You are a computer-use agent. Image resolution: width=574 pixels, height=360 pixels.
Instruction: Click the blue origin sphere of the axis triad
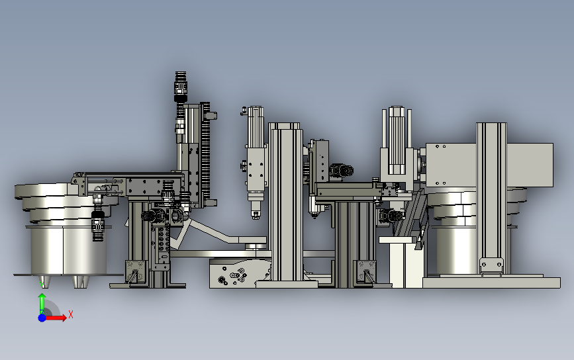pos(42,318)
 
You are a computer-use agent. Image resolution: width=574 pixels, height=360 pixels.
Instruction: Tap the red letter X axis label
pos(71,314)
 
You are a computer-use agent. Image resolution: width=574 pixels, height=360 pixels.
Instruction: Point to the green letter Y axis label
pos(42,285)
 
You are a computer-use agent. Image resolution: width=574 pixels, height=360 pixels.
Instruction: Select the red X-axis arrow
pos(56,318)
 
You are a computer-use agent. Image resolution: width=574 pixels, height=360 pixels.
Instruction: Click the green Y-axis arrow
pos(42,303)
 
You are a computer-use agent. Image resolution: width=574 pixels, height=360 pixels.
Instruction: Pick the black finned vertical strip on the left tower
pos(205,154)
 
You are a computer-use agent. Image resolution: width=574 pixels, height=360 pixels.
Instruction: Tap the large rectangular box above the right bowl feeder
pos(489,165)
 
